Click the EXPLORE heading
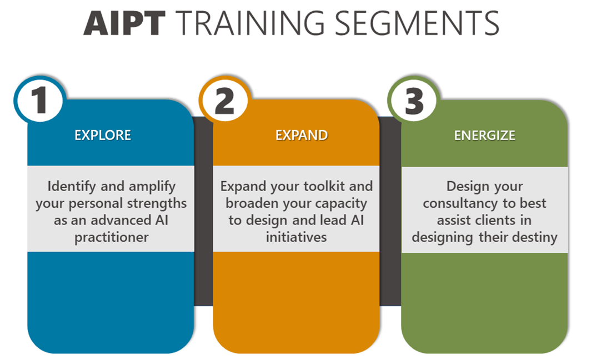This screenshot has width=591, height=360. [x=103, y=135]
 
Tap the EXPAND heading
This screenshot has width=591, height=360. [x=302, y=135]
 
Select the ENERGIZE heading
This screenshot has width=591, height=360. [x=484, y=135]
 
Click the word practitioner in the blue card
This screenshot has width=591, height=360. [x=111, y=237]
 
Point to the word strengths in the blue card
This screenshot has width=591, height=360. [x=158, y=203]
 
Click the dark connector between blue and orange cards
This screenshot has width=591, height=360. [x=203, y=211]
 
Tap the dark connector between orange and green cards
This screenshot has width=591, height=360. [x=390, y=211]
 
